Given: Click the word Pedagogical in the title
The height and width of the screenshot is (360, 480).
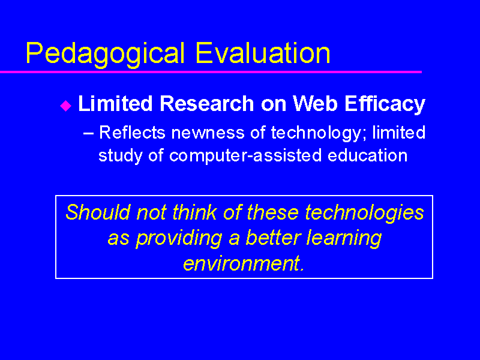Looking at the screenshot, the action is coord(106,54).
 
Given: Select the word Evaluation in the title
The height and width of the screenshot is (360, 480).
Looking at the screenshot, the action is coord(263,53).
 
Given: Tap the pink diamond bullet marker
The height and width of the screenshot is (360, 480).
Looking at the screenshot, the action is coord(65,106).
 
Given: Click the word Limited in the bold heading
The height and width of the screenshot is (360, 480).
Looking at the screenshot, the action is coord(115,103).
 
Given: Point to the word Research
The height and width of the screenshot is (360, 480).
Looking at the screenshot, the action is coord(207,103).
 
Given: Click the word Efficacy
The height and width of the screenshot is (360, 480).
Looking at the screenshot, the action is coord(385,104).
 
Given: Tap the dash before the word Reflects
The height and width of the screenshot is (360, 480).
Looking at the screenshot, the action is coord(88,134).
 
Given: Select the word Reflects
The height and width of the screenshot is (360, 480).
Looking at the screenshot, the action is coord(132,133).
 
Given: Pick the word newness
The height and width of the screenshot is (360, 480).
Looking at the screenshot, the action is coord(208,134).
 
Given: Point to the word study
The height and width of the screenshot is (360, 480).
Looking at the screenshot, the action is coord(121,156).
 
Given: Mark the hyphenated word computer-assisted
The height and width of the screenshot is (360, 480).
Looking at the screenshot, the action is coord(245,155).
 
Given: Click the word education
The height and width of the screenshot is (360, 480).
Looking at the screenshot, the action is coord(368,155).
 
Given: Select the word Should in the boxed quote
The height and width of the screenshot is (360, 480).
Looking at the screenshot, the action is coord(98,212).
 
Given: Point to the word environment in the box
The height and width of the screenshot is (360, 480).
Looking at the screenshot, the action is coord(244,263).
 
